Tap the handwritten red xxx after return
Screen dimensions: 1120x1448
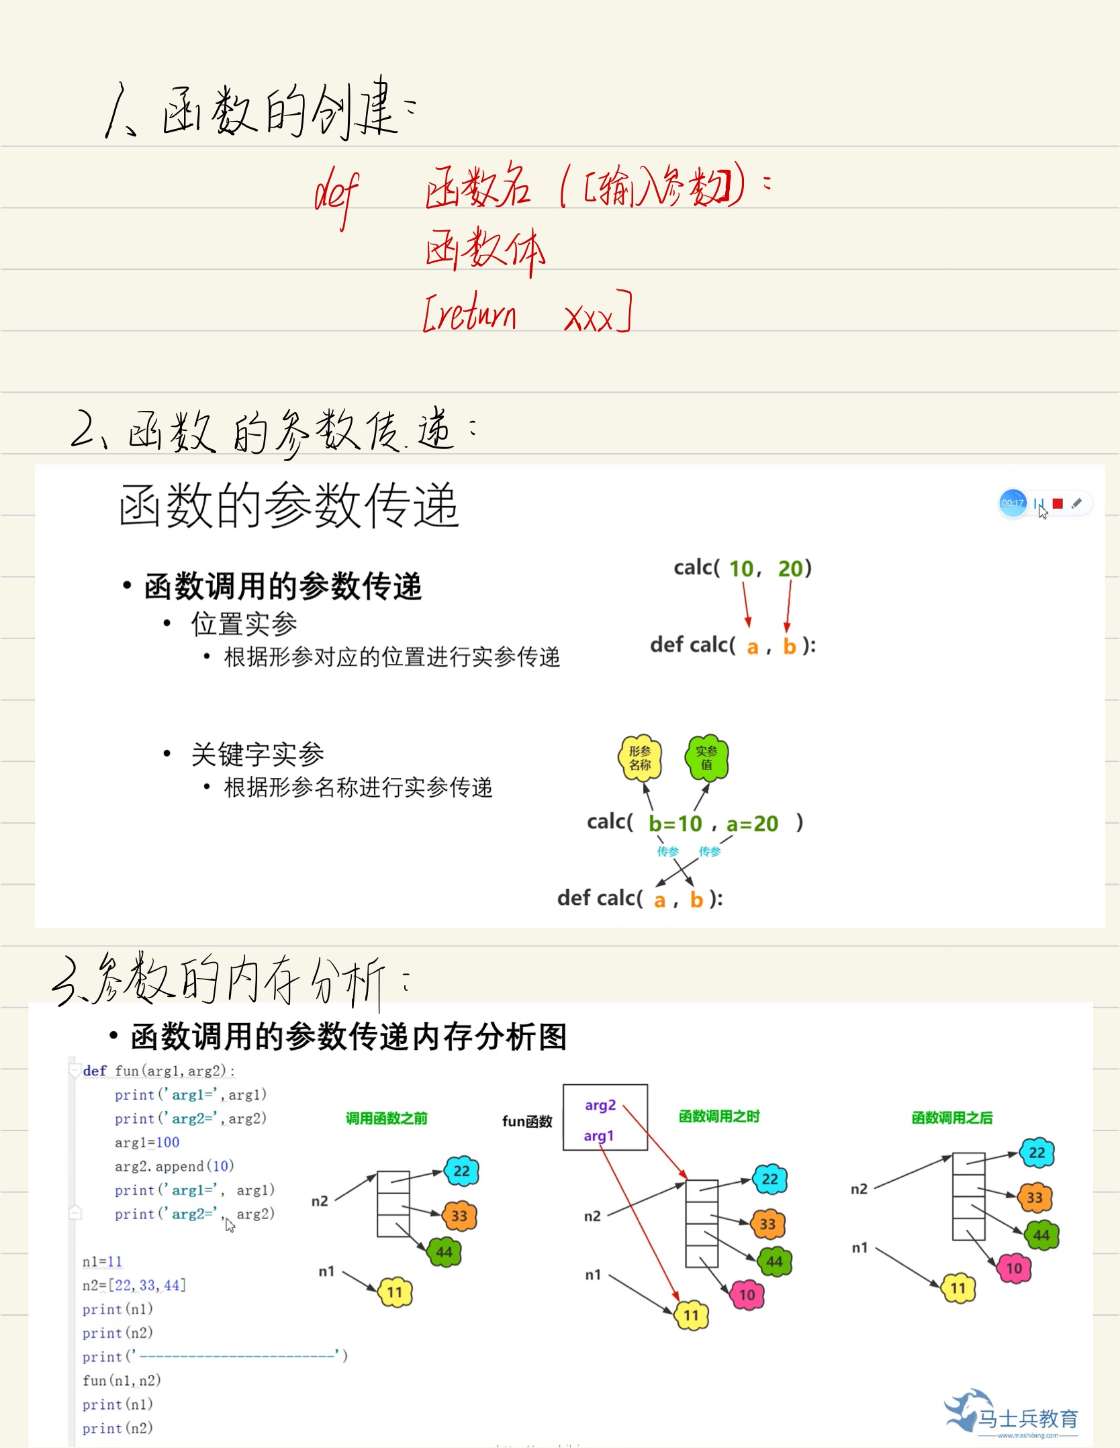pos(589,318)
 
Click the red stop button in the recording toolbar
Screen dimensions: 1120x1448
pos(1058,503)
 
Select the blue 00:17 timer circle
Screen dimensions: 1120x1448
pos(1013,503)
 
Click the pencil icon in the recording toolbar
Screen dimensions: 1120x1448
pos(1076,503)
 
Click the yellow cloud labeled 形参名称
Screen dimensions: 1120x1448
pos(639,758)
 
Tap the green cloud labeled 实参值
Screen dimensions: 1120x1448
pos(706,757)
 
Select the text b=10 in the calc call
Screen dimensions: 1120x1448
pos(675,823)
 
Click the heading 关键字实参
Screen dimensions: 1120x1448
pos(257,754)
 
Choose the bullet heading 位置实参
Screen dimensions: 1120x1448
pos(244,624)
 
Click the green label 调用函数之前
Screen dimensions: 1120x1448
pos(386,1118)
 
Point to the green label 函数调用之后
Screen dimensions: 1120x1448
pos(951,1117)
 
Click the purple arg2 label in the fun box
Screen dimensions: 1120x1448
pos(600,1105)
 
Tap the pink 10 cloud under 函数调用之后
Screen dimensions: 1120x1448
pos(1013,1268)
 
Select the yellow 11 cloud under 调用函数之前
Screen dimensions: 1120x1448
pos(395,1292)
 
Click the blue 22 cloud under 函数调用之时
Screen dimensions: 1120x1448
pos(769,1179)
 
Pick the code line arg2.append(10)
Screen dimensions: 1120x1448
pos(174,1166)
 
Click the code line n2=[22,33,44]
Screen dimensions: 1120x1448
pos(134,1285)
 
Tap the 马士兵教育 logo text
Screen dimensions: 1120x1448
pos(1027,1418)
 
